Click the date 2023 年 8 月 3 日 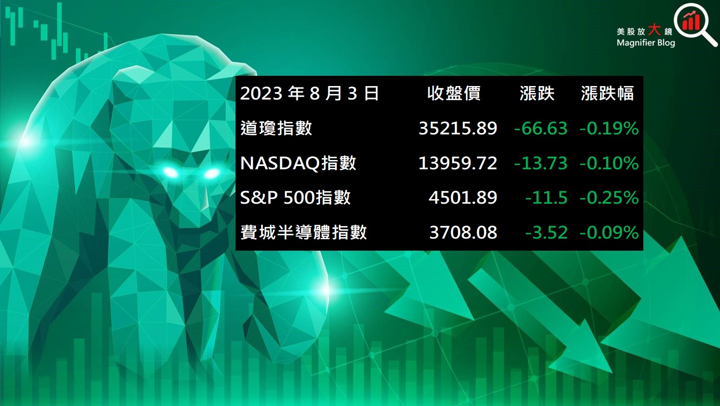point(309,93)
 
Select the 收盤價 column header point(454,93)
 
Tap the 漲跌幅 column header point(607,93)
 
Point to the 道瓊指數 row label point(276,128)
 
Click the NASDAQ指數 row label point(298,163)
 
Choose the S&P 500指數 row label point(295,198)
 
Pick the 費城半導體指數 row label point(303,232)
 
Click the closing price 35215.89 point(458,128)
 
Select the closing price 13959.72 point(458,163)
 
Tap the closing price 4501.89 point(463,198)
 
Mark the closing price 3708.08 point(463,232)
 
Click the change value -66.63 point(541,128)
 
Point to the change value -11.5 point(546,198)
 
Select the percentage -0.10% point(609,163)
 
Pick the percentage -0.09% point(609,232)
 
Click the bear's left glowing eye point(170,173)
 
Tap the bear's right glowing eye point(212,174)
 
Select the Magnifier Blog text point(646,43)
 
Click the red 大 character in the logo point(654,30)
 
